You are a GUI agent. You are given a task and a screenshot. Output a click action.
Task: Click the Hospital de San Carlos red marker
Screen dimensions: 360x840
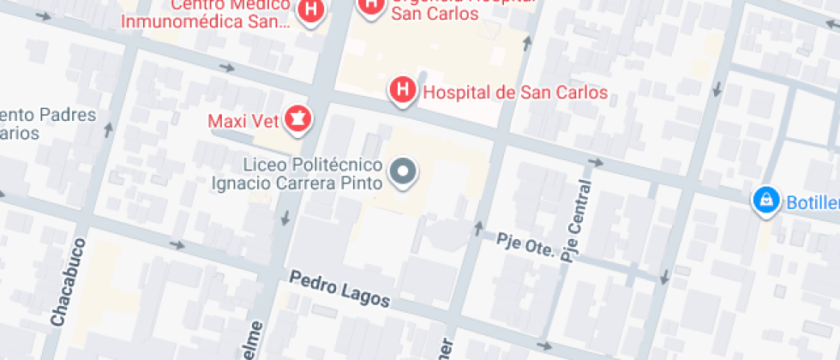402,90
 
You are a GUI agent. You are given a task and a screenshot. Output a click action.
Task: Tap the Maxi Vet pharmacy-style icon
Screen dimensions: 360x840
297,118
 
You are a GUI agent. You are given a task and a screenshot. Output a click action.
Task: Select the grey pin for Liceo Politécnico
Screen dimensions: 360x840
403,172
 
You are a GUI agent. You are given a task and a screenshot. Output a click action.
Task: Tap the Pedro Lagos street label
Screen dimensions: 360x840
339,289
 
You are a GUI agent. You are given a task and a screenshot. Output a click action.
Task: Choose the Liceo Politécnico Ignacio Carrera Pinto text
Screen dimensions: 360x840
297,172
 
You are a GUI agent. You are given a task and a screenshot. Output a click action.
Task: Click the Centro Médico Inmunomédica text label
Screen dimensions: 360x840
206,13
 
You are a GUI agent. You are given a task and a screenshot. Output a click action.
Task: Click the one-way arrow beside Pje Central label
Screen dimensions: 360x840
595,162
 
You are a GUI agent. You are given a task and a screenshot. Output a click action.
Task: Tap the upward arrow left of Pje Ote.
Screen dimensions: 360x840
478,228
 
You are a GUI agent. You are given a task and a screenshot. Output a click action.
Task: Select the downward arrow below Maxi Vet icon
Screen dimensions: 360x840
285,219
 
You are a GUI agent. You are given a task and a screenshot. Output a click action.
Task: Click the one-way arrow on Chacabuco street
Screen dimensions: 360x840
109,129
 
